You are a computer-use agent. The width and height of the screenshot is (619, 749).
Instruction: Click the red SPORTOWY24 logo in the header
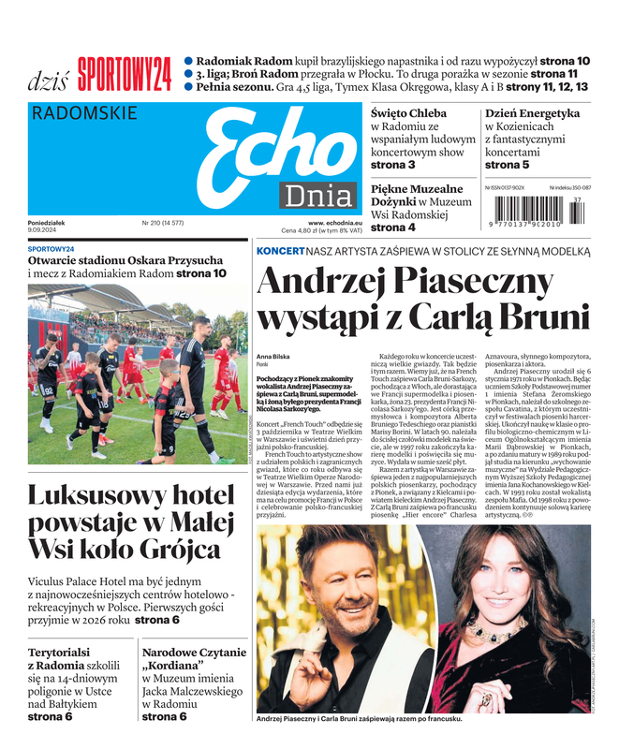click(125, 73)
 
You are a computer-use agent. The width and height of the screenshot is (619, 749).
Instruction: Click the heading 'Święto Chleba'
click(408, 113)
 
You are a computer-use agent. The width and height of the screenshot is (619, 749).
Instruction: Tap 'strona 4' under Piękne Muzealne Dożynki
click(393, 228)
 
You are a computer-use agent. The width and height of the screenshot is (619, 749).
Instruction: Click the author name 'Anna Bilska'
click(273, 358)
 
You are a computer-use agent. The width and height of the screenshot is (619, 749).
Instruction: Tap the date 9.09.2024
click(44, 231)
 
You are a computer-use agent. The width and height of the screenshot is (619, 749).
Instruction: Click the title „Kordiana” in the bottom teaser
click(175, 668)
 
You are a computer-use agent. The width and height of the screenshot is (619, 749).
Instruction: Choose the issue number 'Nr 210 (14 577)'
click(162, 223)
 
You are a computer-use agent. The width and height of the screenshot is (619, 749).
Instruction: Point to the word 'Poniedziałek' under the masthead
click(47, 223)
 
